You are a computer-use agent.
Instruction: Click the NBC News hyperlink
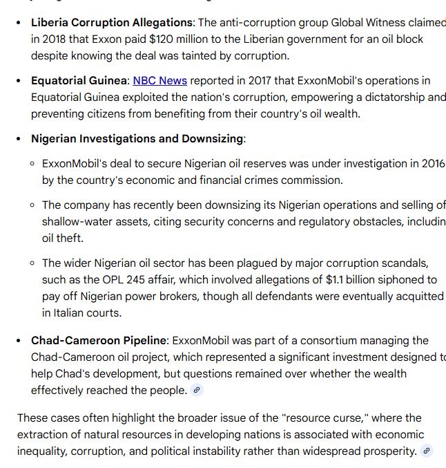159,81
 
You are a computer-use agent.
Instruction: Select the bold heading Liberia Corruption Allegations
112,23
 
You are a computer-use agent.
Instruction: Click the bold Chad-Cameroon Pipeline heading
99,341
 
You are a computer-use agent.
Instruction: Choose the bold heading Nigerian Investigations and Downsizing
137,139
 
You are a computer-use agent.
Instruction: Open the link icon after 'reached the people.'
197,391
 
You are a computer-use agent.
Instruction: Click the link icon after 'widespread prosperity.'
427,451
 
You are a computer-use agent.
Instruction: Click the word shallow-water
78,222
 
